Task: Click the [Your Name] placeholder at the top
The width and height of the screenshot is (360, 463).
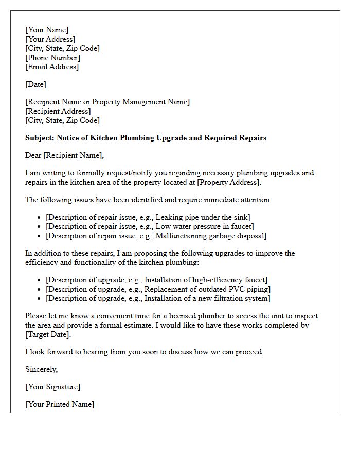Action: (47, 30)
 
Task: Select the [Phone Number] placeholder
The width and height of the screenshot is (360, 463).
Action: (52, 58)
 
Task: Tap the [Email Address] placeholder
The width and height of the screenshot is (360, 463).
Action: (52, 67)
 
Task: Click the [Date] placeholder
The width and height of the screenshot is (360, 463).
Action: (35, 84)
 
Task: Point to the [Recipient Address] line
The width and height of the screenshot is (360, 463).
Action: (58, 111)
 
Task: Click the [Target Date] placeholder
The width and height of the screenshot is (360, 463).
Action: (48, 334)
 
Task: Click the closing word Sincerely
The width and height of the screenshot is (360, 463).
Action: (42, 369)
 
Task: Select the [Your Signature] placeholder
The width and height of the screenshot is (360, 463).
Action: (52, 387)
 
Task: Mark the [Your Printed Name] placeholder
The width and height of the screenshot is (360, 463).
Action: (60, 404)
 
